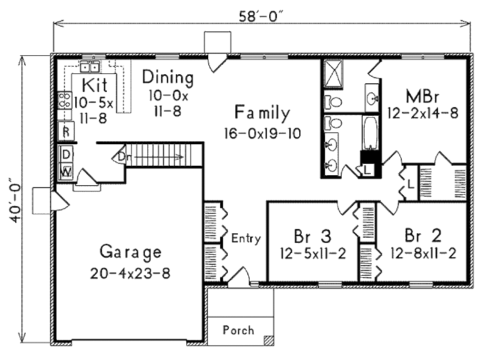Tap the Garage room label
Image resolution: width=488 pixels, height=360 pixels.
pyautogui.click(x=131, y=252)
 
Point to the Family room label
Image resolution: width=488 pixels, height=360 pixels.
pyautogui.click(x=262, y=113)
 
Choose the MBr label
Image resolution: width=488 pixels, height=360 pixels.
pyautogui.click(x=422, y=97)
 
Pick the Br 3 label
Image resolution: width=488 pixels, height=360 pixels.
pyautogui.click(x=313, y=236)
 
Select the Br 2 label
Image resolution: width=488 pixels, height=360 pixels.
pyautogui.click(x=423, y=236)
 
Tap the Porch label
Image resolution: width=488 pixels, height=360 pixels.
pyautogui.click(x=238, y=330)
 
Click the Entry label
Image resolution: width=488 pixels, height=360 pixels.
pyautogui.click(x=246, y=239)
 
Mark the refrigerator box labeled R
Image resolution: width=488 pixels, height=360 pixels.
pyautogui.click(x=66, y=131)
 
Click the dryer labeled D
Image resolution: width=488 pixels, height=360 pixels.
pyautogui.click(x=66, y=154)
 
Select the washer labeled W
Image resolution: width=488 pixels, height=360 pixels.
pyautogui.click(x=66, y=171)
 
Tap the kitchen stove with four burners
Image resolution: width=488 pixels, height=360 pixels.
pyautogui.click(x=65, y=100)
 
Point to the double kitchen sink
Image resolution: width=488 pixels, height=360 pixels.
pyautogui.click(x=90, y=67)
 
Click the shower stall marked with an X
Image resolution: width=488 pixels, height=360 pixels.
pyautogui.click(x=333, y=74)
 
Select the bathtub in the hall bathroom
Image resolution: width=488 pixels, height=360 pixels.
pyautogui.click(x=370, y=132)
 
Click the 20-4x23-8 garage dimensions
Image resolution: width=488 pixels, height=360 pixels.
pyautogui.click(x=131, y=274)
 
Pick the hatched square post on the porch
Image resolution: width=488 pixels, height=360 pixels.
pyautogui.click(x=269, y=340)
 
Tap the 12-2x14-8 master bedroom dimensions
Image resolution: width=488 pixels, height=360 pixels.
pyautogui.click(x=423, y=113)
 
